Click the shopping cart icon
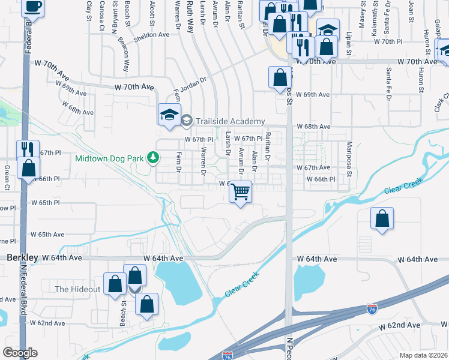240,192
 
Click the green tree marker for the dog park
154,158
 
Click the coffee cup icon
32,7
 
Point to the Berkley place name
23,257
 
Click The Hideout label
77,289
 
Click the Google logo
20,353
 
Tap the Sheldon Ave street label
152,35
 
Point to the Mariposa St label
348,156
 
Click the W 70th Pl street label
390,41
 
